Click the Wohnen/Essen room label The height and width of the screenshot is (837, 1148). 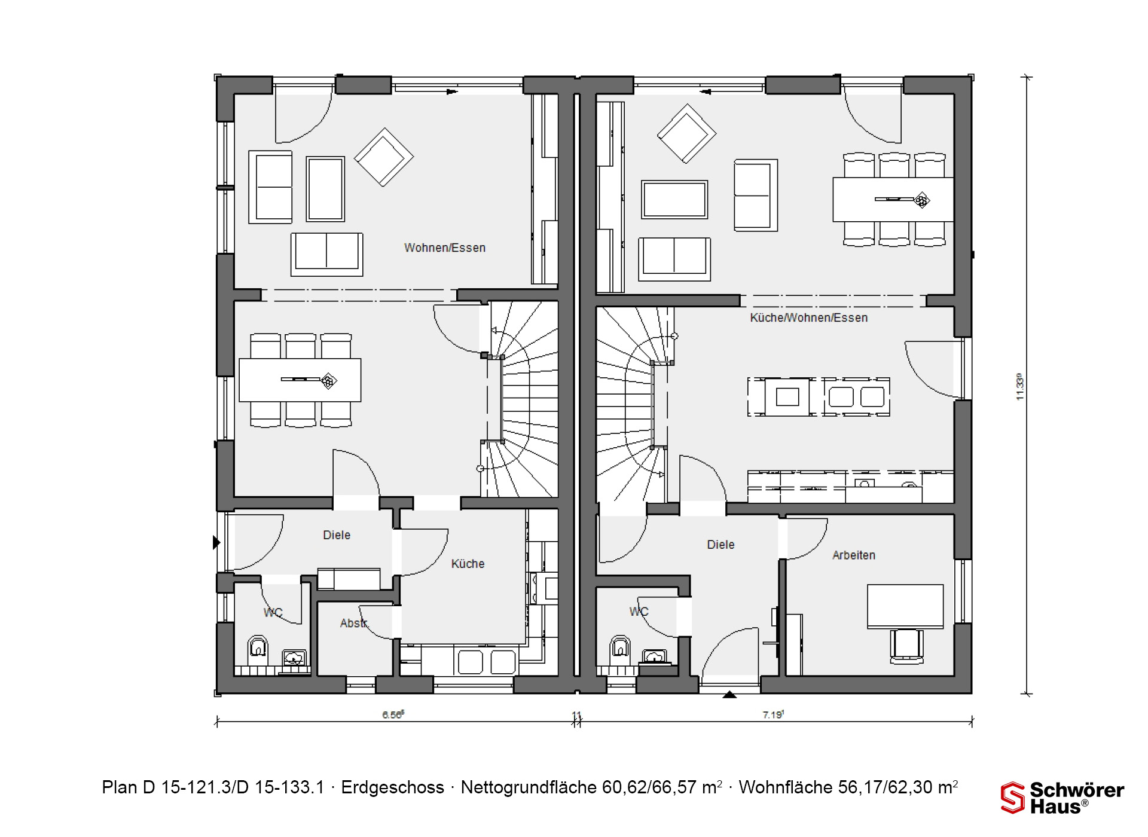click(445, 248)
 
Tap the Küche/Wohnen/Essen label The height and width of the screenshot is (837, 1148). click(809, 317)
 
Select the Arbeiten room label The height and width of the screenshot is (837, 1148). click(854, 555)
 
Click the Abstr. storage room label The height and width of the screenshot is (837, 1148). click(354, 623)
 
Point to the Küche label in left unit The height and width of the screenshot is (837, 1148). click(468, 563)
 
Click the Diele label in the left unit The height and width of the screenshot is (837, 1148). click(337, 534)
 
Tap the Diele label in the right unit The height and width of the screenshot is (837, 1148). click(720, 544)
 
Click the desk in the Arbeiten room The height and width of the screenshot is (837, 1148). click(905, 606)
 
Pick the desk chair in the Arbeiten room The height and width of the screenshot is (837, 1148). click(906, 646)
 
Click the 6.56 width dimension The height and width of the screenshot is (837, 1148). click(393, 714)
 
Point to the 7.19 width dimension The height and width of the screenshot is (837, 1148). click(773, 714)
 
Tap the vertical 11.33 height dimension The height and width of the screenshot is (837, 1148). click(1019, 387)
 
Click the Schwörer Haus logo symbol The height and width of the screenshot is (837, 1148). click(1013, 798)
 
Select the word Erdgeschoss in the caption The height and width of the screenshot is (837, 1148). click(393, 787)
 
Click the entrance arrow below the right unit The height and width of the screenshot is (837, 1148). click(729, 695)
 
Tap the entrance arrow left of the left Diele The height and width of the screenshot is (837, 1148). click(216, 542)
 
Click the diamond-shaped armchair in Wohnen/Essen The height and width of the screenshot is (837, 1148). click(384, 157)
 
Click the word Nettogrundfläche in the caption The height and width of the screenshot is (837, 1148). click(529, 787)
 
